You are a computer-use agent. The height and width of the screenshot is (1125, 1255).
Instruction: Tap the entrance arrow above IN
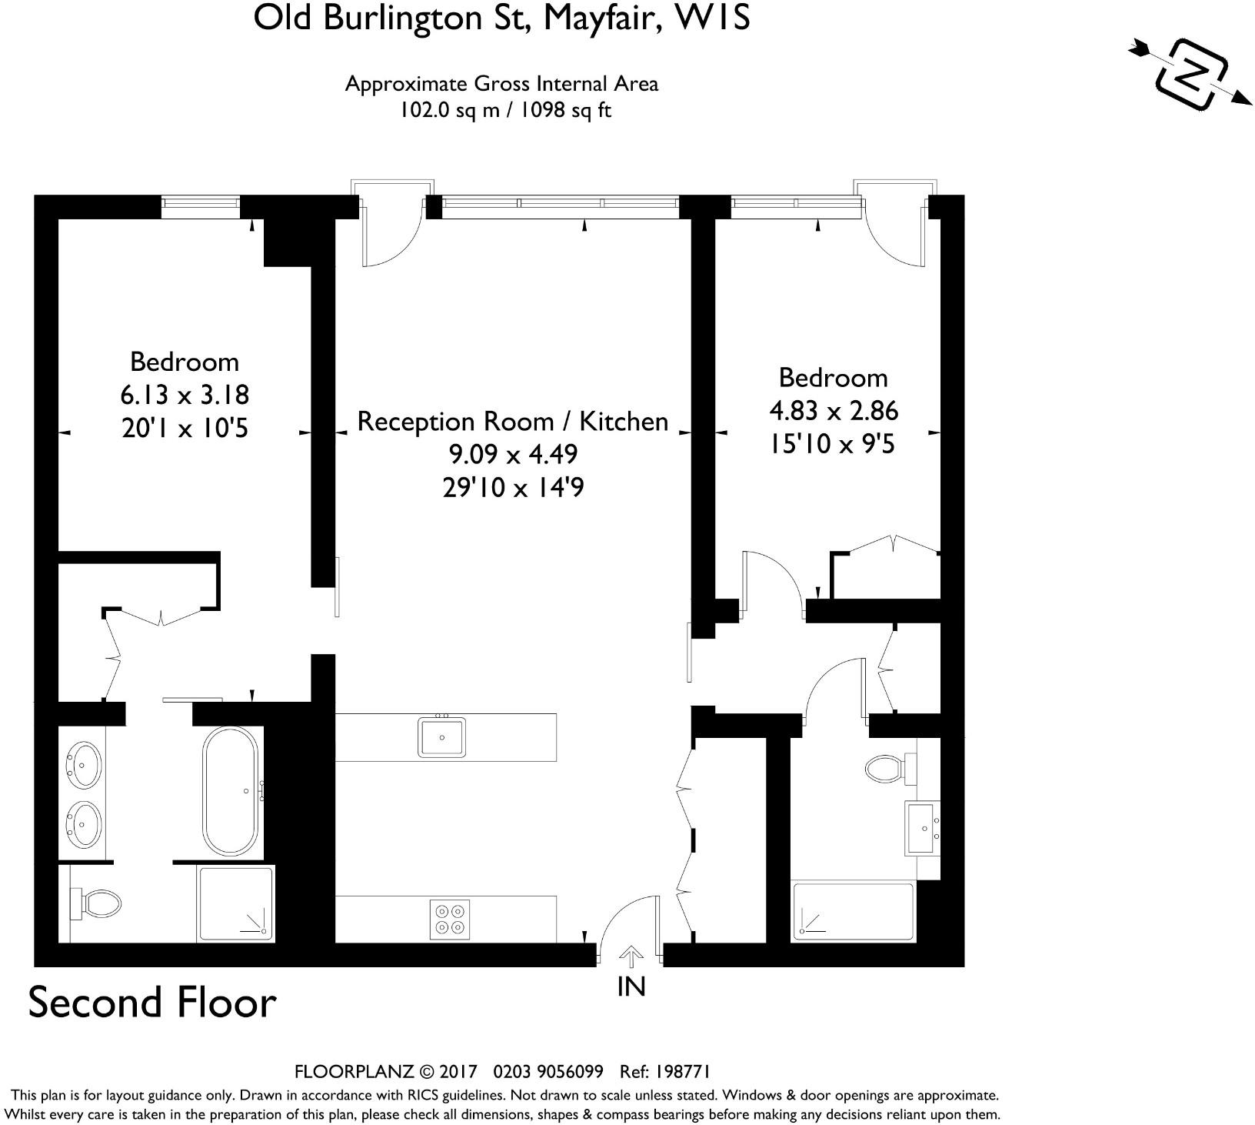click(631, 956)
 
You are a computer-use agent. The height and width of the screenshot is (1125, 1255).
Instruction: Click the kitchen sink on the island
click(442, 736)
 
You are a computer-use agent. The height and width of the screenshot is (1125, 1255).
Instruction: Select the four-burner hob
click(449, 919)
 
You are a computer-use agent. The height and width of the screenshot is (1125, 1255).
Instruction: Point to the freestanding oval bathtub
click(230, 791)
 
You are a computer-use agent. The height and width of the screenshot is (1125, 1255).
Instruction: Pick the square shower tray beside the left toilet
click(236, 903)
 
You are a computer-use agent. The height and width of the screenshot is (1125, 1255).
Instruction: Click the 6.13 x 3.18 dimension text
click(185, 395)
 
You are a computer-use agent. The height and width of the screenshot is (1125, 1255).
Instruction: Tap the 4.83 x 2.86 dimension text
click(834, 411)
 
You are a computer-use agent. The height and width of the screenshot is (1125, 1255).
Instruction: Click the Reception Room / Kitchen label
click(513, 422)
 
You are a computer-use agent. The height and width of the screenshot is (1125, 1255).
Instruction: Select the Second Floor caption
click(152, 1003)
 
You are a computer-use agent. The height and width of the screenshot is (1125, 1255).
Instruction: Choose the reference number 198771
click(684, 1072)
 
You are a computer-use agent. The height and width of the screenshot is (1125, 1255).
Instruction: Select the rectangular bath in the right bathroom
click(853, 911)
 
